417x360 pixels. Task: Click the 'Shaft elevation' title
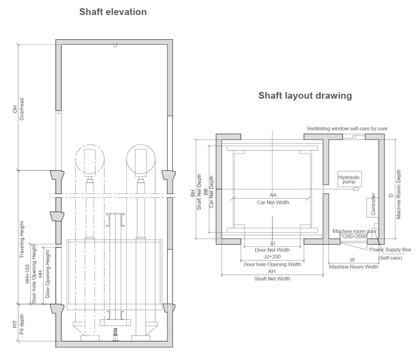[113, 12]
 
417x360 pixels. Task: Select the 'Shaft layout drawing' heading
[305, 95]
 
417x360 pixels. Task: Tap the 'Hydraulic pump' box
[349, 179]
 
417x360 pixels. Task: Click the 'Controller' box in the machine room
[373, 208]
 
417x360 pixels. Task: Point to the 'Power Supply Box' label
[390, 250]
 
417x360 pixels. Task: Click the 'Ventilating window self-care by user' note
[347, 129]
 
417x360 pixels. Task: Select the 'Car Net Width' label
[273, 202]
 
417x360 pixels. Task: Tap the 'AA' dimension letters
[273, 195]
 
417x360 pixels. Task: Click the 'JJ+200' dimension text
[272, 257]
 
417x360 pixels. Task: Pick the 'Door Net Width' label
[272, 250]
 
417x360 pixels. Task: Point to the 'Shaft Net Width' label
[272, 279]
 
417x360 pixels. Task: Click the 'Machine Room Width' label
[354, 267]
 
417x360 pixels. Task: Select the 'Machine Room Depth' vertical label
[398, 195]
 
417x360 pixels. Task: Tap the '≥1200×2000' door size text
[353, 236]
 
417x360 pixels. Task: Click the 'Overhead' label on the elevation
[21, 109]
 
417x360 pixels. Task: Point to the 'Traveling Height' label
[21, 239]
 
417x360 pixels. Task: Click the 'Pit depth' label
[21, 325]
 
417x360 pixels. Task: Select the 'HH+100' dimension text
[28, 274]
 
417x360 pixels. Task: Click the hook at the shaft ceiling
[115, 45]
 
